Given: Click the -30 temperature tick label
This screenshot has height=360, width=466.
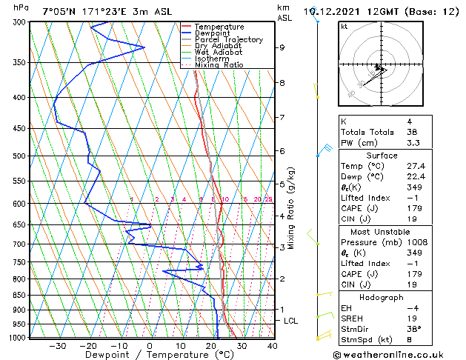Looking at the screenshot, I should (x=57, y=345).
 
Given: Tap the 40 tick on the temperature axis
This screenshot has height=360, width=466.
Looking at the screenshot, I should (x=272, y=345).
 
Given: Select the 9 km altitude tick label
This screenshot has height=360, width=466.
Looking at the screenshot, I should (x=282, y=47).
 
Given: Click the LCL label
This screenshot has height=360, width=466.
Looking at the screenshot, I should (x=291, y=321).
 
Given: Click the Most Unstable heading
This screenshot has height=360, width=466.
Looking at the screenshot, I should (x=381, y=232).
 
